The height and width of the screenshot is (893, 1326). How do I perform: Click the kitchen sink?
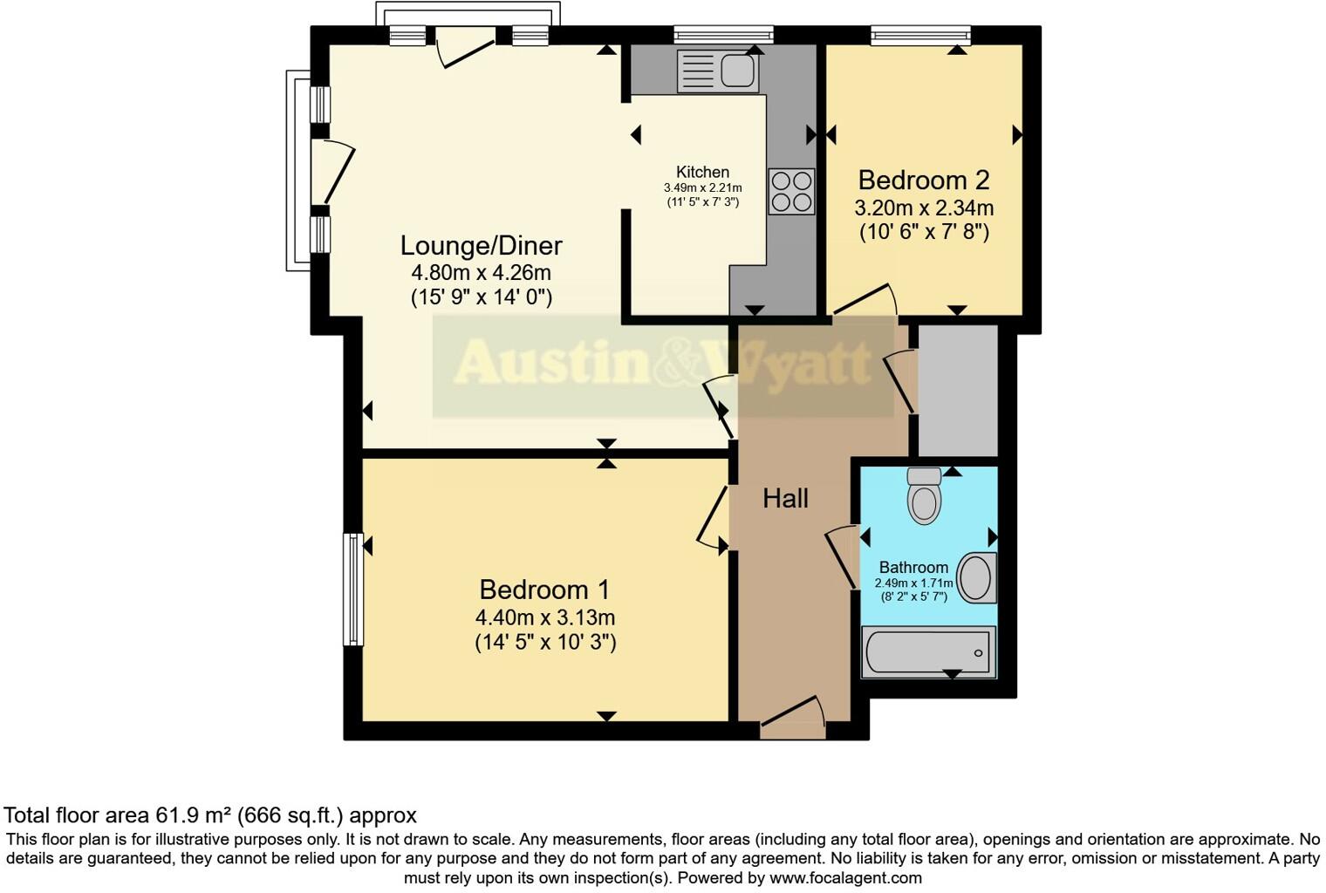(x=717, y=71)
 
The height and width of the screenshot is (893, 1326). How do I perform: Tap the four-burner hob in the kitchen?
(x=791, y=191)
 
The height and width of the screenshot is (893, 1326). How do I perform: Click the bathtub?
(x=928, y=652)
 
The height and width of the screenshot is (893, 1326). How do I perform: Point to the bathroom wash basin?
(x=976, y=577)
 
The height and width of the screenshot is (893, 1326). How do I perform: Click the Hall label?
(x=785, y=499)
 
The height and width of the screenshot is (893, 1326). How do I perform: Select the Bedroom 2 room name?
(x=924, y=181)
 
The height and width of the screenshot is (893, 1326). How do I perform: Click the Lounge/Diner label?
(x=481, y=245)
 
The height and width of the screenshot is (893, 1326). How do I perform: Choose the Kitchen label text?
(x=702, y=172)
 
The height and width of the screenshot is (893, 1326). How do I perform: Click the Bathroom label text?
(x=912, y=567)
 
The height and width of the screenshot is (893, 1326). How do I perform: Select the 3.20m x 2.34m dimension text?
(x=924, y=208)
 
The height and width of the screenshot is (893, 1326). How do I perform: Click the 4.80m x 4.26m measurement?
(x=481, y=272)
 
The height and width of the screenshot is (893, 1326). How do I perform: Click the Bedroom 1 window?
(x=352, y=590)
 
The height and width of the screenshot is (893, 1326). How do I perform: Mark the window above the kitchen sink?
(x=723, y=35)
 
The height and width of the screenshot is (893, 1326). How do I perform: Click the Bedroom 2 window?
(x=920, y=35)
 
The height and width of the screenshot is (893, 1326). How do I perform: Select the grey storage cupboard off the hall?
(x=958, y=390)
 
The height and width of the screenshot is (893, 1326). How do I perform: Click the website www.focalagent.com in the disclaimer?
(x=844, y=878)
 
